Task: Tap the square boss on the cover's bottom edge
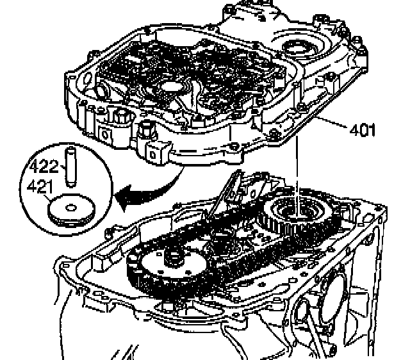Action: click(x=155, y=153)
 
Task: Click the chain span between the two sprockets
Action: click(x=218, y=243)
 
